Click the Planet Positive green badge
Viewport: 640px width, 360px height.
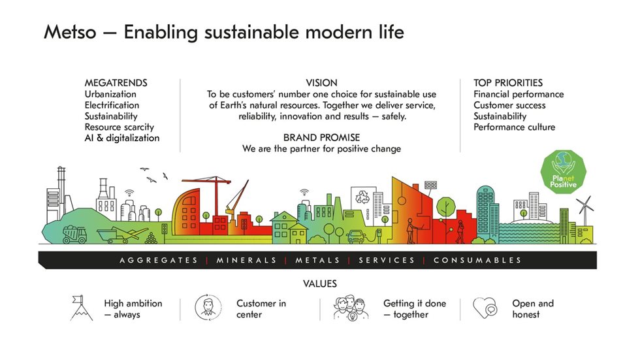[x=563, y=171]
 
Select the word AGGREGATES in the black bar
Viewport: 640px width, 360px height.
[x=159, y=260]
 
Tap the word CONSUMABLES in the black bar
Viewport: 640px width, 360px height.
[x=477, y=260]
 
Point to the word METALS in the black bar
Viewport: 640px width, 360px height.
[x=317, y=260]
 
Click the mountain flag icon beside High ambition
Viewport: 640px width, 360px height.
[x=81, y=308]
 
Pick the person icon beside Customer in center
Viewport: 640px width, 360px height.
[x=208, y=307]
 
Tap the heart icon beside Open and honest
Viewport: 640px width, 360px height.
[x=485, y=307]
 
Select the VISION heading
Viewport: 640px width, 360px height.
[x=321, y=83]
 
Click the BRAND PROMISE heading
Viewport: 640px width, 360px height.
[x=321, y=138]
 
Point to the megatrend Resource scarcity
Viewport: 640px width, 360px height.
[x=119, y=127]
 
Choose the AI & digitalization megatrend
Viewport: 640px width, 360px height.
[x=122, y=138]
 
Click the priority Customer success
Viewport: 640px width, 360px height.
[x=509, y=105]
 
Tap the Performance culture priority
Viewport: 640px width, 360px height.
[x=515, y=127]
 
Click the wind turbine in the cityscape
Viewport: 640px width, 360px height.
[x=585, y=209]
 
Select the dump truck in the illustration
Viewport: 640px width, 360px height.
[x=74, y=235]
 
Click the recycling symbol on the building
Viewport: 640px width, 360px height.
[x=362, y=197]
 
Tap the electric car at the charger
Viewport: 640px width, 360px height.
[x=357, y=237]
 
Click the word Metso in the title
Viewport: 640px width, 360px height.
[x=70, y=32]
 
